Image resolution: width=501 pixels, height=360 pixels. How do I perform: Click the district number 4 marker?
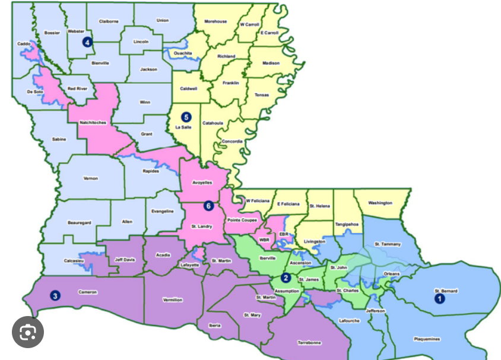click(88, 42)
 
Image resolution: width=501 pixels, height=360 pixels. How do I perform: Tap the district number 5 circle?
click(186, 117)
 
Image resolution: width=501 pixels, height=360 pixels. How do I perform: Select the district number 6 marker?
click(208, 206)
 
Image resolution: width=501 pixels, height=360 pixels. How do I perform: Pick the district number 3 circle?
click(55, 295)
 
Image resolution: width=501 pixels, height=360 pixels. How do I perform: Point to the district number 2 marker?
click(286, 277)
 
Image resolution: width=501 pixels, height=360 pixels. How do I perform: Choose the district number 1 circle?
click(440, 299)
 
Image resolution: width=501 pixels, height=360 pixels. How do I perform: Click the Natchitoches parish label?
click(92, 123)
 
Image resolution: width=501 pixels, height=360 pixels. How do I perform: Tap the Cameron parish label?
click(87, 292)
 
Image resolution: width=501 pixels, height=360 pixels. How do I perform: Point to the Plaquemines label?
click(427, 339)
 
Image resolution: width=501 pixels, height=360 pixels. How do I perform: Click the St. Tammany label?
click(388, 244)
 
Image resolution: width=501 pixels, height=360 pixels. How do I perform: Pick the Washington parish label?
click(380, 203)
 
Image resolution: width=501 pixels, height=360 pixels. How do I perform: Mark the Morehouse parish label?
click(215, 21)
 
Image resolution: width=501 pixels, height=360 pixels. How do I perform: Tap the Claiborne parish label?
click(109, 21)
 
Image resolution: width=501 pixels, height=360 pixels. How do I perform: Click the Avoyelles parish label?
click(202, 182)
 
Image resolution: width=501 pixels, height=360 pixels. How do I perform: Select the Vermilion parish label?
click(172, 300)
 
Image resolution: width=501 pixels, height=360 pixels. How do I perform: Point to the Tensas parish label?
click(261, 94)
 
